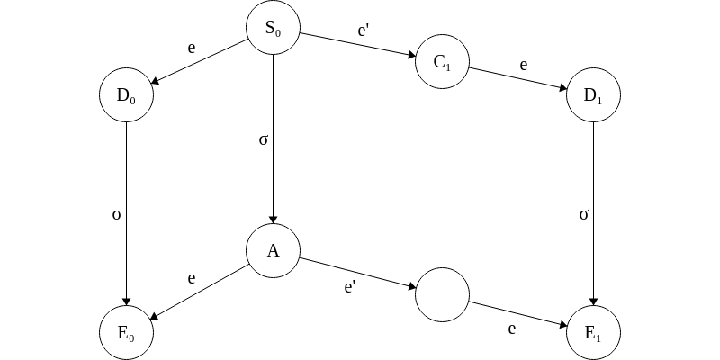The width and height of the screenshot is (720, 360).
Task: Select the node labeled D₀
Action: (x=126, y=94)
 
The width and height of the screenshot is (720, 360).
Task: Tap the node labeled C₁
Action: (x=442, y=62)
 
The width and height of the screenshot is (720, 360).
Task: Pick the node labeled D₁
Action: (x=593, y=94)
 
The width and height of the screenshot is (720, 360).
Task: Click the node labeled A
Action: (x=273, y=251)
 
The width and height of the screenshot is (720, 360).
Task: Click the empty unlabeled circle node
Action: (x=442, y=293)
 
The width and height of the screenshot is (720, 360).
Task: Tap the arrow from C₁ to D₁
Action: (x=517, y=78)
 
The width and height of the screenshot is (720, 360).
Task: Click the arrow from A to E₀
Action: (x=199, y=292)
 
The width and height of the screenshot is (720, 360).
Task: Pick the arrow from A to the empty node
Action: (x=357, y=272)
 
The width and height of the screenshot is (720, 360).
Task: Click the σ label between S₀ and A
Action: (x=263, y=140)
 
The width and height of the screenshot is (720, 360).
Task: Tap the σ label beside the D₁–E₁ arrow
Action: (x=583, y=214)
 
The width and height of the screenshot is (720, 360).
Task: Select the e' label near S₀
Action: (x=363, y=31)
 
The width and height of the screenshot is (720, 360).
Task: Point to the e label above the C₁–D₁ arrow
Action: (x=523, y=65)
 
